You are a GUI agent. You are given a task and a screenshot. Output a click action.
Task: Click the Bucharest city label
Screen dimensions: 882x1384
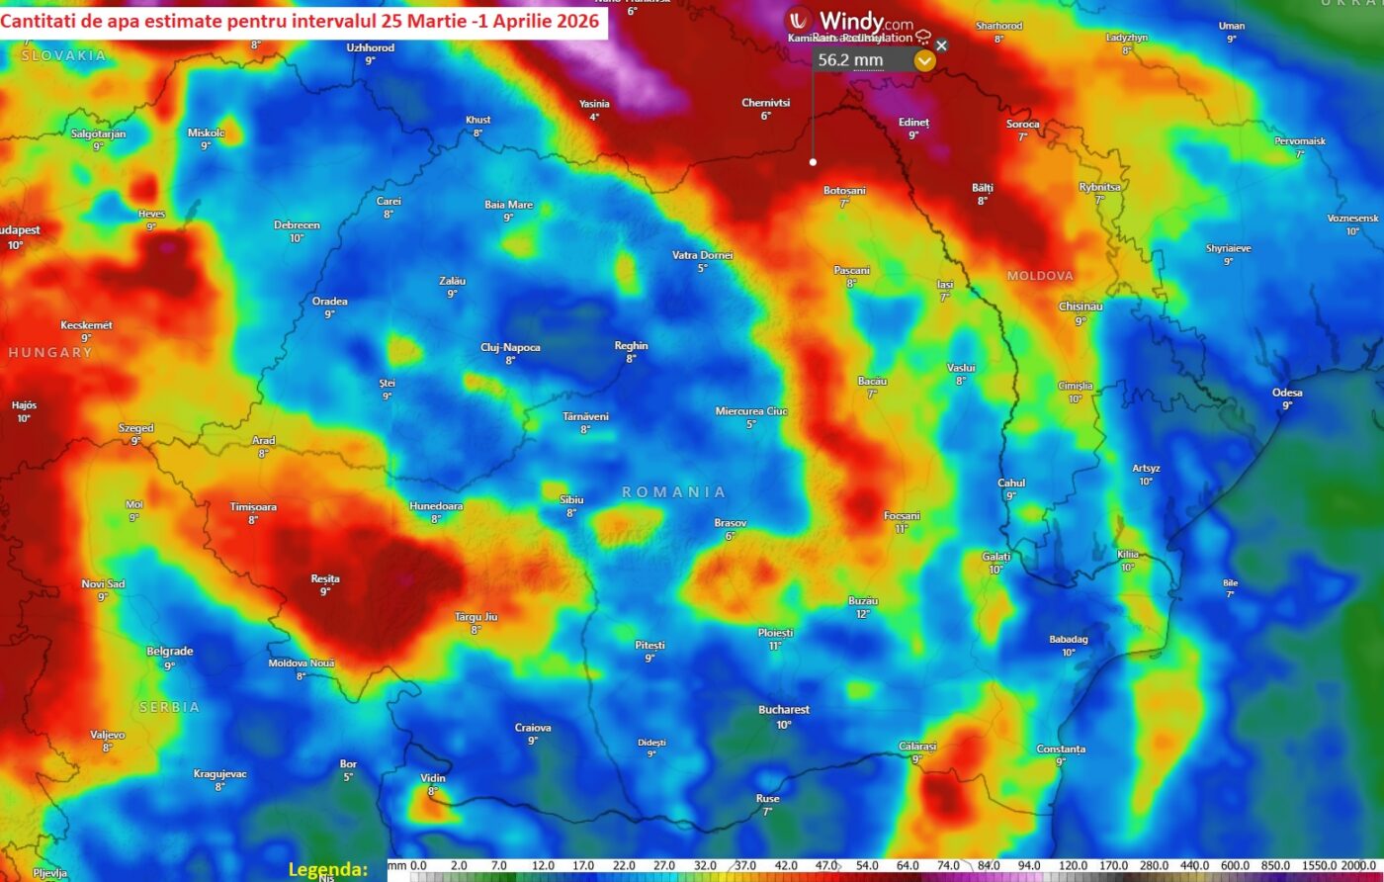coord(784,710)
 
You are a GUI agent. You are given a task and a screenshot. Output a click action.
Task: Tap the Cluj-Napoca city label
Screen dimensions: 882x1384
coord(510,347)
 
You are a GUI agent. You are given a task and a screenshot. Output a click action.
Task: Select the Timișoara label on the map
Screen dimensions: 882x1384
coord(253,507)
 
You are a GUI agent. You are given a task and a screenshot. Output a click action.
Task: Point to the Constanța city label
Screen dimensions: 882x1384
coord(1061,750)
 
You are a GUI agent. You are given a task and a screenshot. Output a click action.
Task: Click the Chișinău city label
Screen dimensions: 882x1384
coord(1081,307)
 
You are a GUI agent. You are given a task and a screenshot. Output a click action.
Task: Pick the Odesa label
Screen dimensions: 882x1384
coord(1287,393)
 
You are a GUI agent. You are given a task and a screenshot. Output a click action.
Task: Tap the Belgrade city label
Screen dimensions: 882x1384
coord(169,652)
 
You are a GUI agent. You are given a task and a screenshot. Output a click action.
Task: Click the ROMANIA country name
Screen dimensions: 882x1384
coord(674,491)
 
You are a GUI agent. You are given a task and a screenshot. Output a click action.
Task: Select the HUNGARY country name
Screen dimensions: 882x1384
coord(50,352)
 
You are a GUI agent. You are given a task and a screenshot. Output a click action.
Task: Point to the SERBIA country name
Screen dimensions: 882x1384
coord(169,707)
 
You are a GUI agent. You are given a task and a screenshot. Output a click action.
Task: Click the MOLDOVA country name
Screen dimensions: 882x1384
coord(1040,276)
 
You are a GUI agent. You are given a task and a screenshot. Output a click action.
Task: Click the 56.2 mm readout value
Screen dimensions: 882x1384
coord(850,60)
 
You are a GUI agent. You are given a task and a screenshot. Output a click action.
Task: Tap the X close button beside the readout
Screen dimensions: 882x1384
coord(941,45)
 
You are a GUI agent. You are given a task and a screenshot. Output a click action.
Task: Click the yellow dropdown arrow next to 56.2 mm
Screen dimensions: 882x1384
coord(924,60)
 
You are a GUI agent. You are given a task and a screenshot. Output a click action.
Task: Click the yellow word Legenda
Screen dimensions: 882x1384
coord(328,870)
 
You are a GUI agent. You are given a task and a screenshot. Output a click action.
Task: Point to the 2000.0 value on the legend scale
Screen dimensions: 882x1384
coord(1362,866)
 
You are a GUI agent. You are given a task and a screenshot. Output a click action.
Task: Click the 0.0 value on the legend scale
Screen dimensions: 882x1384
coord(418,866)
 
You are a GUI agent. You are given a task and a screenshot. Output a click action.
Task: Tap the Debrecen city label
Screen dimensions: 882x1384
coord(297,225)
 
